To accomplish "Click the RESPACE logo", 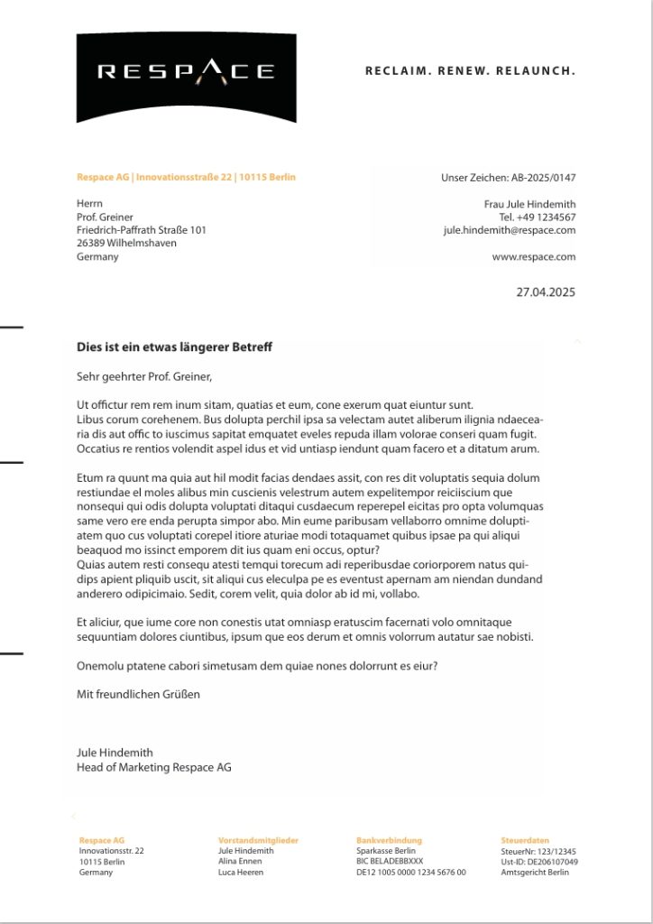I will pyautogui.click(x=186, y=72).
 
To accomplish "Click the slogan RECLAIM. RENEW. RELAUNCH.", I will pyautogui.click(x=470, y=70).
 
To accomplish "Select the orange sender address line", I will pyautogui.click(x=186, y=177).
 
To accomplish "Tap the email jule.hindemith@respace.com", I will pyautogui.click(x=509, y=230).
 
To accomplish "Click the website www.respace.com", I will pyautogui.click(x=533, y=256).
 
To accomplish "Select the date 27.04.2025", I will pyautogui.click(x=545, y=291).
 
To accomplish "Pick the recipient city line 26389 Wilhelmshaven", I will pyautogui.click(x=126, y=243).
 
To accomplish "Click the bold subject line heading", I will pyautogui.click(x=174, y=347).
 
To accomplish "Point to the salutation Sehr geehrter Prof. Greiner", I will pyautogui.click(x=143, y=376).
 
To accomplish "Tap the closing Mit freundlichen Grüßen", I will pyautogui.click(x=138, y=694).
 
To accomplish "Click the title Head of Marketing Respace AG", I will pyautogui.click(x=154, y=767).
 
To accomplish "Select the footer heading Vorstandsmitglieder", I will pyautogui.click(x=258, y=840).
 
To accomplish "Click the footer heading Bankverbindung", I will pyautogui.click(x=389, y=840).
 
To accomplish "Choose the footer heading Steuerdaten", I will pyautogui.click(x=525, y=840).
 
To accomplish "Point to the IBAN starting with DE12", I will pyautogui.click(x=411, y=873).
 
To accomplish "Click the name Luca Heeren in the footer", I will pyautogui.click(x=241, y=873).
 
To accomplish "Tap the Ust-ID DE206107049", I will pyautogui.click(x=539, y=862).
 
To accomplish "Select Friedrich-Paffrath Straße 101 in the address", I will pyautogui.click(x=142, y=230).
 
